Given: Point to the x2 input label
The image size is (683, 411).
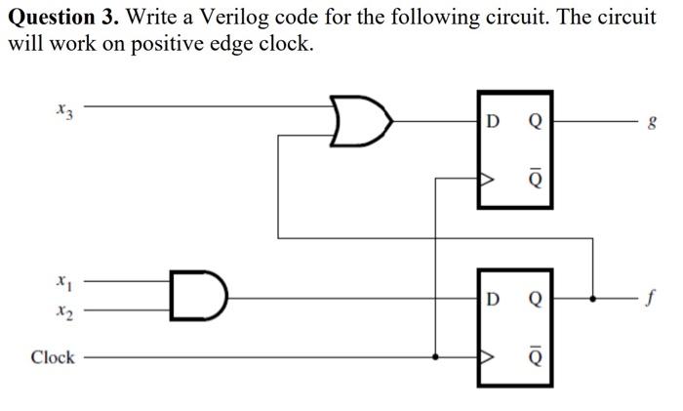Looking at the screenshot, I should (63, 312).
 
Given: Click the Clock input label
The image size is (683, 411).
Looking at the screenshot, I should (52, 357).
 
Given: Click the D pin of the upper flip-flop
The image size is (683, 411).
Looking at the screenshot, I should (493, 122).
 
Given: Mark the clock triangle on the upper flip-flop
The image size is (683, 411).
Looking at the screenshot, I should (484, 180).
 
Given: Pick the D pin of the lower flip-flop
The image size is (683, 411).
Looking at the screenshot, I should (493, 298).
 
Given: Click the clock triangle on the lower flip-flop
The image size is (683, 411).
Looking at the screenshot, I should (484, 357).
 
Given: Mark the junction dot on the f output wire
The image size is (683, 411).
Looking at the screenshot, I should (592, 297).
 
